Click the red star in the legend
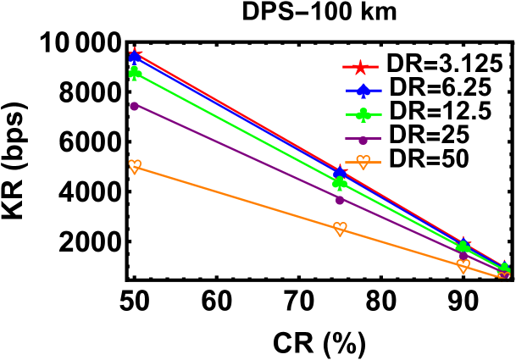(x=360, y=67)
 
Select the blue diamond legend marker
(x=363, y=91)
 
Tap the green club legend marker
(x=363, y=114)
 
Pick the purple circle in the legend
(x=363, y=139)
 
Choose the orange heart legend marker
(x=363, y=162)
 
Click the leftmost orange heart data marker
(x=135, y=166)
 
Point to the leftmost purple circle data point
(x=134, y=106)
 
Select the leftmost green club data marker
(x=135, y=73)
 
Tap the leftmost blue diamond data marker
(x=135, y=58)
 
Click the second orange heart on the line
(x=340, y=229)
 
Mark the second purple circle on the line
(x=340, y=200)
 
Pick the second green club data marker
(x=340, y=182)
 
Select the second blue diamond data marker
(x=340, y=174)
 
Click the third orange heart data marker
(x=463, y=265)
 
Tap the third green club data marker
(x=463, y=247)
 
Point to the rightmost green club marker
(x=504, y=269)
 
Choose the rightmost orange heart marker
(x=504, y=277)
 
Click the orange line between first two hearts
(x=237, y=197)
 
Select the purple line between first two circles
(x=237, y=153)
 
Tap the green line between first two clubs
(x=237, y=128)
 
